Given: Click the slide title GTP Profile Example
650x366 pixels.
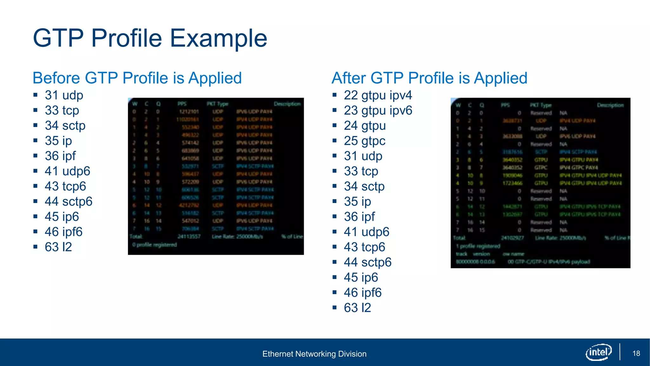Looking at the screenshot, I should click(x=150, y=38).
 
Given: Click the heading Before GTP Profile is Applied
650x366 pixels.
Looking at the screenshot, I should click(x=137, y=78).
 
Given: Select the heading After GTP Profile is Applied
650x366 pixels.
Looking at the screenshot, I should click(x=429, y=78).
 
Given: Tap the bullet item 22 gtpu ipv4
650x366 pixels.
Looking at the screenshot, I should click(x=378, y=95).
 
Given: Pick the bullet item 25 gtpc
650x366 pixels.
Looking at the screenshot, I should click(x=364, y=141).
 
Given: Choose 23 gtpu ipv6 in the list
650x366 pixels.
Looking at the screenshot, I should click(x=378, y=111).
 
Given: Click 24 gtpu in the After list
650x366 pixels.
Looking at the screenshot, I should click(x=365, y=126).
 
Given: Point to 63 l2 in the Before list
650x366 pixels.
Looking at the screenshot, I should click(x=58, y=247).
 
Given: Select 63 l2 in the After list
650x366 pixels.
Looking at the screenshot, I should click(x=357, y=308).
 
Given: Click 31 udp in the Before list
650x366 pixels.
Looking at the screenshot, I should click(x=64, y=95).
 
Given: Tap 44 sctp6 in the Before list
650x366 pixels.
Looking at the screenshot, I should click(x=69, y=201).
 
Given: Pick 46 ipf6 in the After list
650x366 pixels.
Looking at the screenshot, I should click(x=362, y=293).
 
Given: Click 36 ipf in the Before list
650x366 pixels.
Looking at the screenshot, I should click(x=60, y=156).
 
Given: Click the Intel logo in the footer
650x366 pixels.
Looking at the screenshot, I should click(x=598, y=352).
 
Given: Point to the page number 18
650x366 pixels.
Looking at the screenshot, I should click(x=636, y=353).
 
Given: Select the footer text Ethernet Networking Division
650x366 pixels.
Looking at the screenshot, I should click(x=314, y=354).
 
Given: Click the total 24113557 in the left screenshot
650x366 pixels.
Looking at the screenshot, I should click(x=189, y=236).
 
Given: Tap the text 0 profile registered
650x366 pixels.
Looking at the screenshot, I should click(x=155, y=245).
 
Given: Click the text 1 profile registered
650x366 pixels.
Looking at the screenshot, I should click(x=478, y=246).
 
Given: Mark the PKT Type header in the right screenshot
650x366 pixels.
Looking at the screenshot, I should click(x=541, y=105).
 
